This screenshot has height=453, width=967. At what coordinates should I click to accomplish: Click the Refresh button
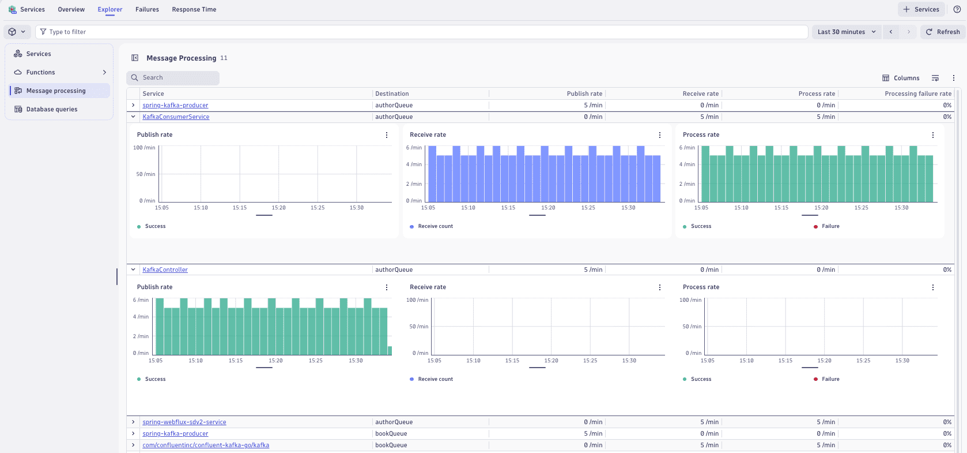tap(943, 32)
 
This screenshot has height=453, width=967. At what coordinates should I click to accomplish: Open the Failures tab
tap(147, 9)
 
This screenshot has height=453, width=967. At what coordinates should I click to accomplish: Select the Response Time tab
tap(194, 9)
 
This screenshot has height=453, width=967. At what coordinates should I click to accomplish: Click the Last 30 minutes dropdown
tap(846, 32)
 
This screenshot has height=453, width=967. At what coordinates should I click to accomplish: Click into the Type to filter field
tap(421, 32)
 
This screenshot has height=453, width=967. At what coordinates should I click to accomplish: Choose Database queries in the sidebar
tap(52, 109)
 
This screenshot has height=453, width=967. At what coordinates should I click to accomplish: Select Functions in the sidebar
tap(41, 72)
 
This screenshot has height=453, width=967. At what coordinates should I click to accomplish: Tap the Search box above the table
tap(173, 78)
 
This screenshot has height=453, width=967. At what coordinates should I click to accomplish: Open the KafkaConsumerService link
tap(176, 117)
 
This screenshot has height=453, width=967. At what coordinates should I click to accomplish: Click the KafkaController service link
tap(165, 269)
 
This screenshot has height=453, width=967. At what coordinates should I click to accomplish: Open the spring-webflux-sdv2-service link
tap(184, 422)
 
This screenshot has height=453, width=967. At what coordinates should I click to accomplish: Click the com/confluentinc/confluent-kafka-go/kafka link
tap(206, 445)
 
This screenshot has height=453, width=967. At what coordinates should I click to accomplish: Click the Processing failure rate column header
tap(917, 93)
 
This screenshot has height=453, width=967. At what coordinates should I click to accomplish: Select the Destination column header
tap(392, 93)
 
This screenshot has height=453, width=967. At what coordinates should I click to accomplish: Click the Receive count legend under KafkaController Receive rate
tap(435, 379)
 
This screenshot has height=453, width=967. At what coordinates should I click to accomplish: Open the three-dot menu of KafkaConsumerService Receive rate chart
tap(660, 135)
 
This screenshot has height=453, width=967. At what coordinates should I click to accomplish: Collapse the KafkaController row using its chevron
tap(133, 269)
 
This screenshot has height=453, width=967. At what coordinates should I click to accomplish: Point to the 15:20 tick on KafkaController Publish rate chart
tap(275, 361)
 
